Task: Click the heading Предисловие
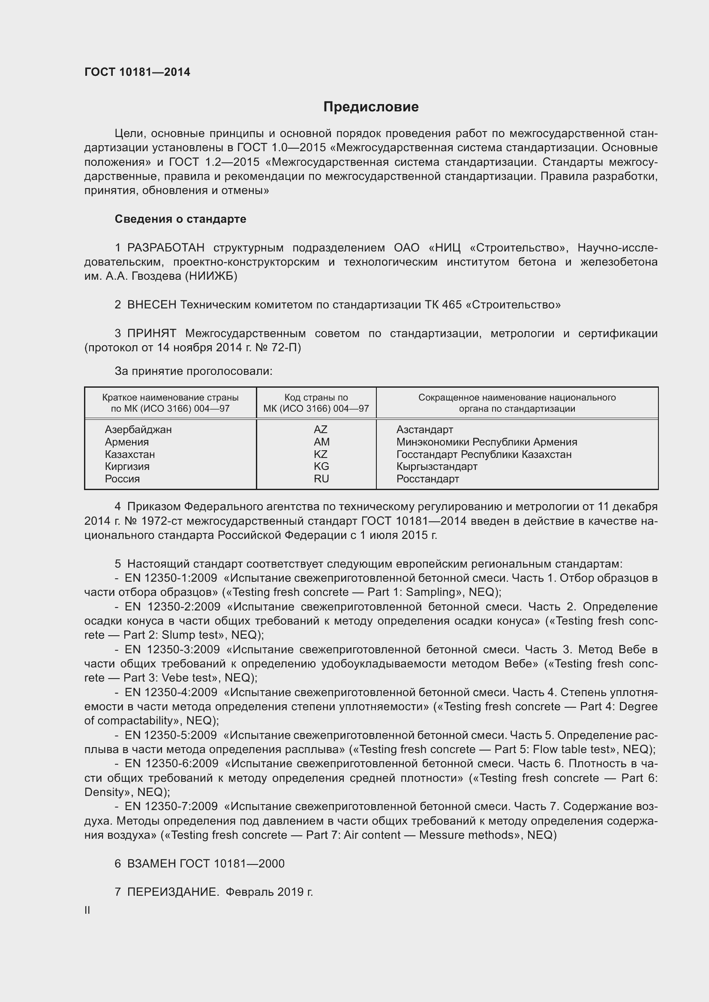[371, 107]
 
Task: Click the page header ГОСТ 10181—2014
[137, 72]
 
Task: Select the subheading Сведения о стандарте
[180, 218]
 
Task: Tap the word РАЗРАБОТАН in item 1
[165, 248]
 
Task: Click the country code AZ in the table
[321, 429]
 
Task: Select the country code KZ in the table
[321, 454]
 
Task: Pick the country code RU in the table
[321, 479]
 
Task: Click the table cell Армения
[126, 442]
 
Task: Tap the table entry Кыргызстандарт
[436, 466]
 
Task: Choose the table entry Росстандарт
[427, 479]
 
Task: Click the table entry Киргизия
[127, 466]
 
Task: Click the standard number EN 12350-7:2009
[171, 806]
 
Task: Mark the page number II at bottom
[87, 910]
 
